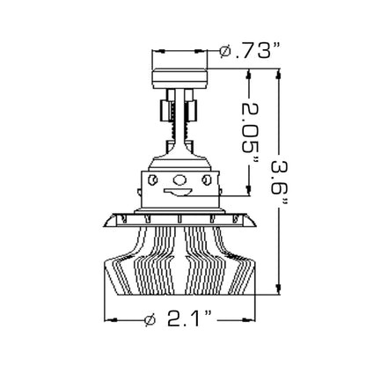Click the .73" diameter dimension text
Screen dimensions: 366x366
click(x=258, y=50)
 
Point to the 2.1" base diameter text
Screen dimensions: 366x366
click(x=189, y=319)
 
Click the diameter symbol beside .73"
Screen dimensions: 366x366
click(x=225, y=51)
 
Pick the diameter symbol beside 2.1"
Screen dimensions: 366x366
click(x=150, y=319)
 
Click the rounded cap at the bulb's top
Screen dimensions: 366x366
click(x=179, y=78)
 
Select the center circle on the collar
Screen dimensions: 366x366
click(x=179, y=179)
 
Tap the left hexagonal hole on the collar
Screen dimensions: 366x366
click(x=152, y=179)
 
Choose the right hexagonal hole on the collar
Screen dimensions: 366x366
click(x=206, y=179)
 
